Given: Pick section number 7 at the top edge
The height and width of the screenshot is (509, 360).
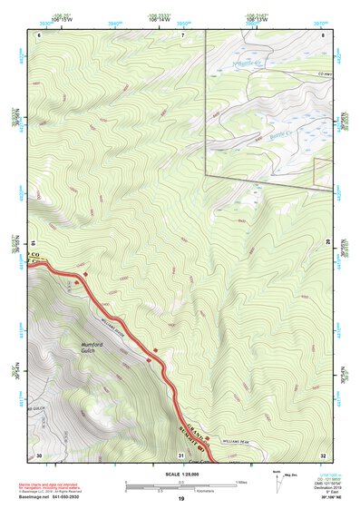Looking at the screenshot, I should [182, 34].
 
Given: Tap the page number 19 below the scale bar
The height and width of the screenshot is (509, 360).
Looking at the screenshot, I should [180, 499].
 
